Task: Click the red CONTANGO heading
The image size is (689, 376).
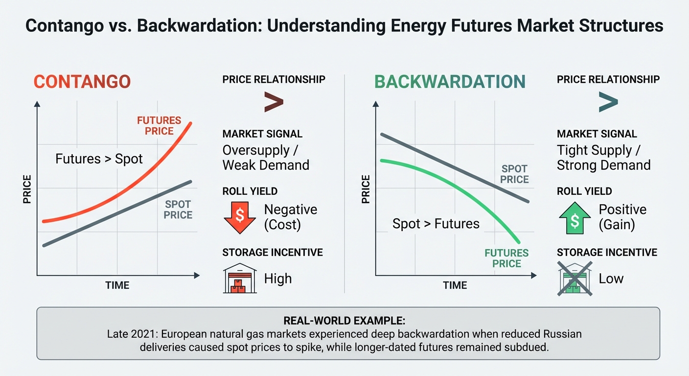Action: pos(82,82)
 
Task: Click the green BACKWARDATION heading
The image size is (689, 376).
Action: pos(450,82)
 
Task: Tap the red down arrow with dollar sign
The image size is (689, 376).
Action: pos(240,217)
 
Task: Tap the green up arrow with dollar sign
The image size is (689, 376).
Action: pos(574,217)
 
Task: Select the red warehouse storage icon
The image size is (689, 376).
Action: pos(240,279)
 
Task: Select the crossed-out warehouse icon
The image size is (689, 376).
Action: pos(574,279)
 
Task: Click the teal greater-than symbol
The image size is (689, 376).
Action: pos(608,102)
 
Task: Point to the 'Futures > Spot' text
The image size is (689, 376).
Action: pos(99,159)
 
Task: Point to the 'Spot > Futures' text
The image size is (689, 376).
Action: pos(436,224)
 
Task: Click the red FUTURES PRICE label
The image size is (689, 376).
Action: pos(159,125)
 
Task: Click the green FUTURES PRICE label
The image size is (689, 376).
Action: pos(506,258)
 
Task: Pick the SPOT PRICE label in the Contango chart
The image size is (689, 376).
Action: pos(178,210)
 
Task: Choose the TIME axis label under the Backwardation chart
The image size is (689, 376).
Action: pos(455,285)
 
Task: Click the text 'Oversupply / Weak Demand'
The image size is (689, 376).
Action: pos(266,158)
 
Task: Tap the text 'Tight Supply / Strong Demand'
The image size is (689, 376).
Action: pos(603,158)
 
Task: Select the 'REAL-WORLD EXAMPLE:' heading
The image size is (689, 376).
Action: pos(344,321)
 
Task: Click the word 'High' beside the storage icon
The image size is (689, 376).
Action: pos(277,279)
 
